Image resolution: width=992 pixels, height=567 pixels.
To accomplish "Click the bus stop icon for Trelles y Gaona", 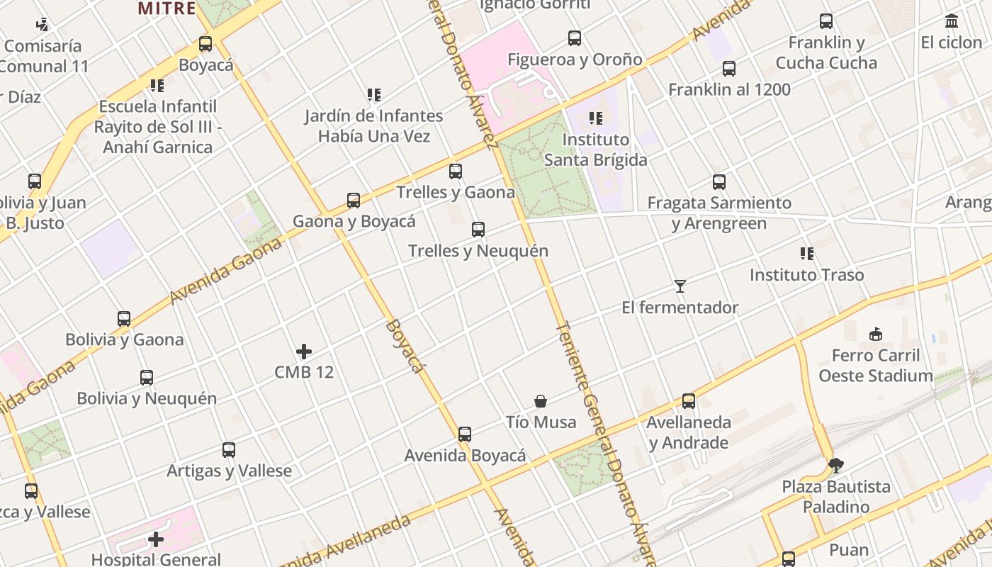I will click(x=456, y=172).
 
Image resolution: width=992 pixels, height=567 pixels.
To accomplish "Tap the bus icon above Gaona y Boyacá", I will click(x=354, y=201).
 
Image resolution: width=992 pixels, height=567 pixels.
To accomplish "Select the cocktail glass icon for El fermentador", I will click(x=680, y=286).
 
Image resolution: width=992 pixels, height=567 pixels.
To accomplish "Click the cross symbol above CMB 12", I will click(x=304, y=352).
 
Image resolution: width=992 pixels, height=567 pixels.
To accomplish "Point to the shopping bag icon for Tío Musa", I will click(x=541, y=402).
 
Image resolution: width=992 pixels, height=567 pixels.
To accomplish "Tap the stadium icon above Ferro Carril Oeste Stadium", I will click(x=876, y=335).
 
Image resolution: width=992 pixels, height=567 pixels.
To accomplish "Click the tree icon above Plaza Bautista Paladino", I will click(x=836, y=466).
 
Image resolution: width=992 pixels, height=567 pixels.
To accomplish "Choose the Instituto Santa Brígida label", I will click(x=595, y=150).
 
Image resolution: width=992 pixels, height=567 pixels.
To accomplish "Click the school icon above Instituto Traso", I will click(x=806, y=254).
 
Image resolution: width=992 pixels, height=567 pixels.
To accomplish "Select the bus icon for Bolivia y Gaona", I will click(x=124, y=319).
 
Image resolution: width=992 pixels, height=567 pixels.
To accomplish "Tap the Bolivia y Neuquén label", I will click(x=147, y=398).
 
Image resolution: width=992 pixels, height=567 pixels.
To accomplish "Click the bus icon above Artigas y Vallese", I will click(x=229, y=450).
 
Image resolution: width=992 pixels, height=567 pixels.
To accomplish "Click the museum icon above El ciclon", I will click(x=952, y=22).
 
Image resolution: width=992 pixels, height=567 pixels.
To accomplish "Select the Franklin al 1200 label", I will click(x=729, y=90).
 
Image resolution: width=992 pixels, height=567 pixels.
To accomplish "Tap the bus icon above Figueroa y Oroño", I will click(x=575, y=38).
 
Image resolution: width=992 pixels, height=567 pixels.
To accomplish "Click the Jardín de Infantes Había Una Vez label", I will click(x=374, y=125).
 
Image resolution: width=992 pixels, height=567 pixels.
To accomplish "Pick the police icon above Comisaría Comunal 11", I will click(x=43, y=25).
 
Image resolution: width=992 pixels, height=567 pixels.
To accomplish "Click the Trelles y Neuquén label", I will click(x=478, y=251).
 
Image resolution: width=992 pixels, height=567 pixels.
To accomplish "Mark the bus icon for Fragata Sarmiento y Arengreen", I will click(x=719, y=182).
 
